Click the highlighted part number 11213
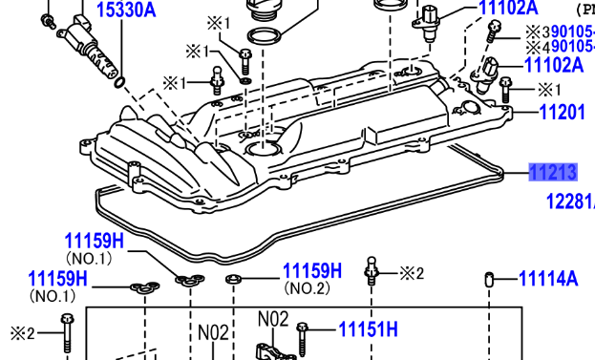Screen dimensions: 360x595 click(x=554, y=173)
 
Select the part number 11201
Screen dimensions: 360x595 click(x=563, y=113)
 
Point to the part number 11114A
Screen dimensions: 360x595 click(x=548, y=280)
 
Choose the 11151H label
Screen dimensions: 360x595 click(x=368, y=330)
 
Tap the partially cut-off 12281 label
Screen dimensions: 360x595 click(x=570, y=201)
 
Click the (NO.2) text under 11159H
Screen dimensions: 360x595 click(x=307, y=288)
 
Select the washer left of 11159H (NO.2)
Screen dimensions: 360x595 click(x=232, y=279)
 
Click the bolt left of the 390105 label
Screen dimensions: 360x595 click(x=494, y=35)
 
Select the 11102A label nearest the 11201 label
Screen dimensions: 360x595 click(x=554, y=65)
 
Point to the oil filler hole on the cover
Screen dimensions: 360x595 click(x=261, y=149)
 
